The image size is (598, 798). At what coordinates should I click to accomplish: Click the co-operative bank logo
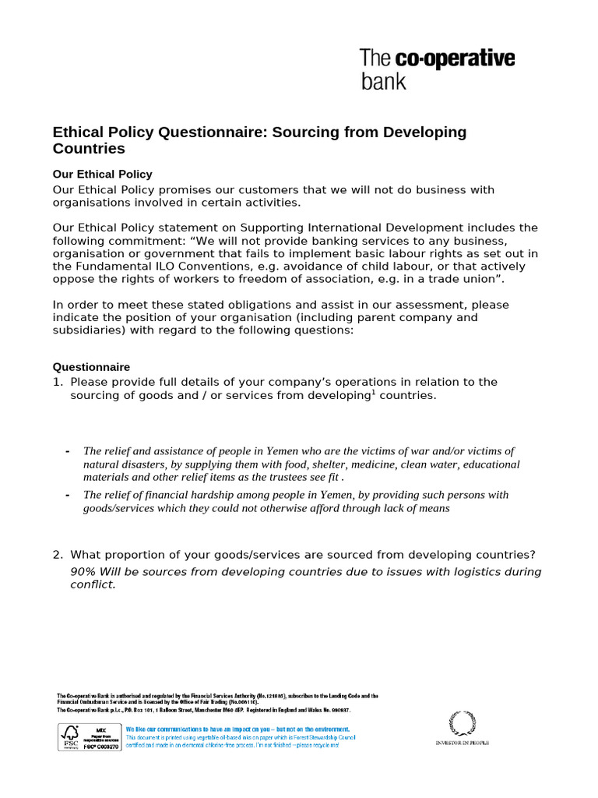437,69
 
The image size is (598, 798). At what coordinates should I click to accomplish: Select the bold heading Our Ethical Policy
102,174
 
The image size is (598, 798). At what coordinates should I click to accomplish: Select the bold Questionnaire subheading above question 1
91,367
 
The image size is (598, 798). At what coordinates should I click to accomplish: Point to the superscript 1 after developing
373,392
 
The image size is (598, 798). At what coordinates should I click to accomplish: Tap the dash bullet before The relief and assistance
68,451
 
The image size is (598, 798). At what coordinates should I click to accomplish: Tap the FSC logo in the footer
70,736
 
